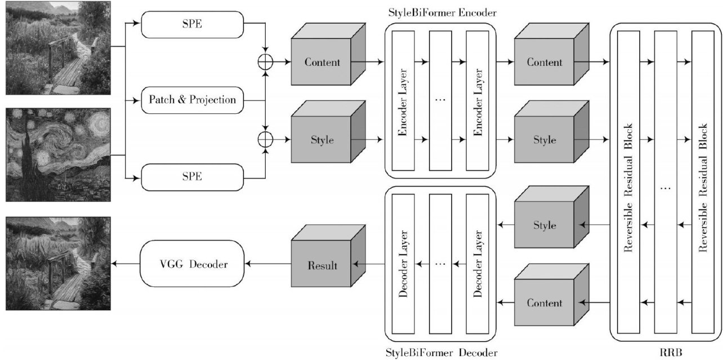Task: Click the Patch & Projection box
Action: point(192,100)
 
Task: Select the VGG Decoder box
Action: point(192,264)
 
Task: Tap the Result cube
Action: point(328,256)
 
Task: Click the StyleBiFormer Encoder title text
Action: point(442,12)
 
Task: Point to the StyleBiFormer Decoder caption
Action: point(441,352)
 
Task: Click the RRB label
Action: point(671,352)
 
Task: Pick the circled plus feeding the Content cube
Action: point(265,62)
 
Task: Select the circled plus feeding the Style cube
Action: point(265,140)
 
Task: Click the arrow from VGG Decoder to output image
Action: point(125,264)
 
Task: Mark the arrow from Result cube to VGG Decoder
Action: point(268,264)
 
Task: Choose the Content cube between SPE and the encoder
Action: point(328,54)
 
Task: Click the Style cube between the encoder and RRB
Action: point(551,132)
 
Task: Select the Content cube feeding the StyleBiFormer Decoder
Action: point(551,295)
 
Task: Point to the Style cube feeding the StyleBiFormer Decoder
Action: point(551,217)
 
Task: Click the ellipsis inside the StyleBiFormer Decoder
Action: point(440,264)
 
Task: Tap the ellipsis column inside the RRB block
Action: point(666,182)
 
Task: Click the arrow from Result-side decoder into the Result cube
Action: point(369,264)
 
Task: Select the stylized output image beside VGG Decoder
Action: point(58,264)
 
